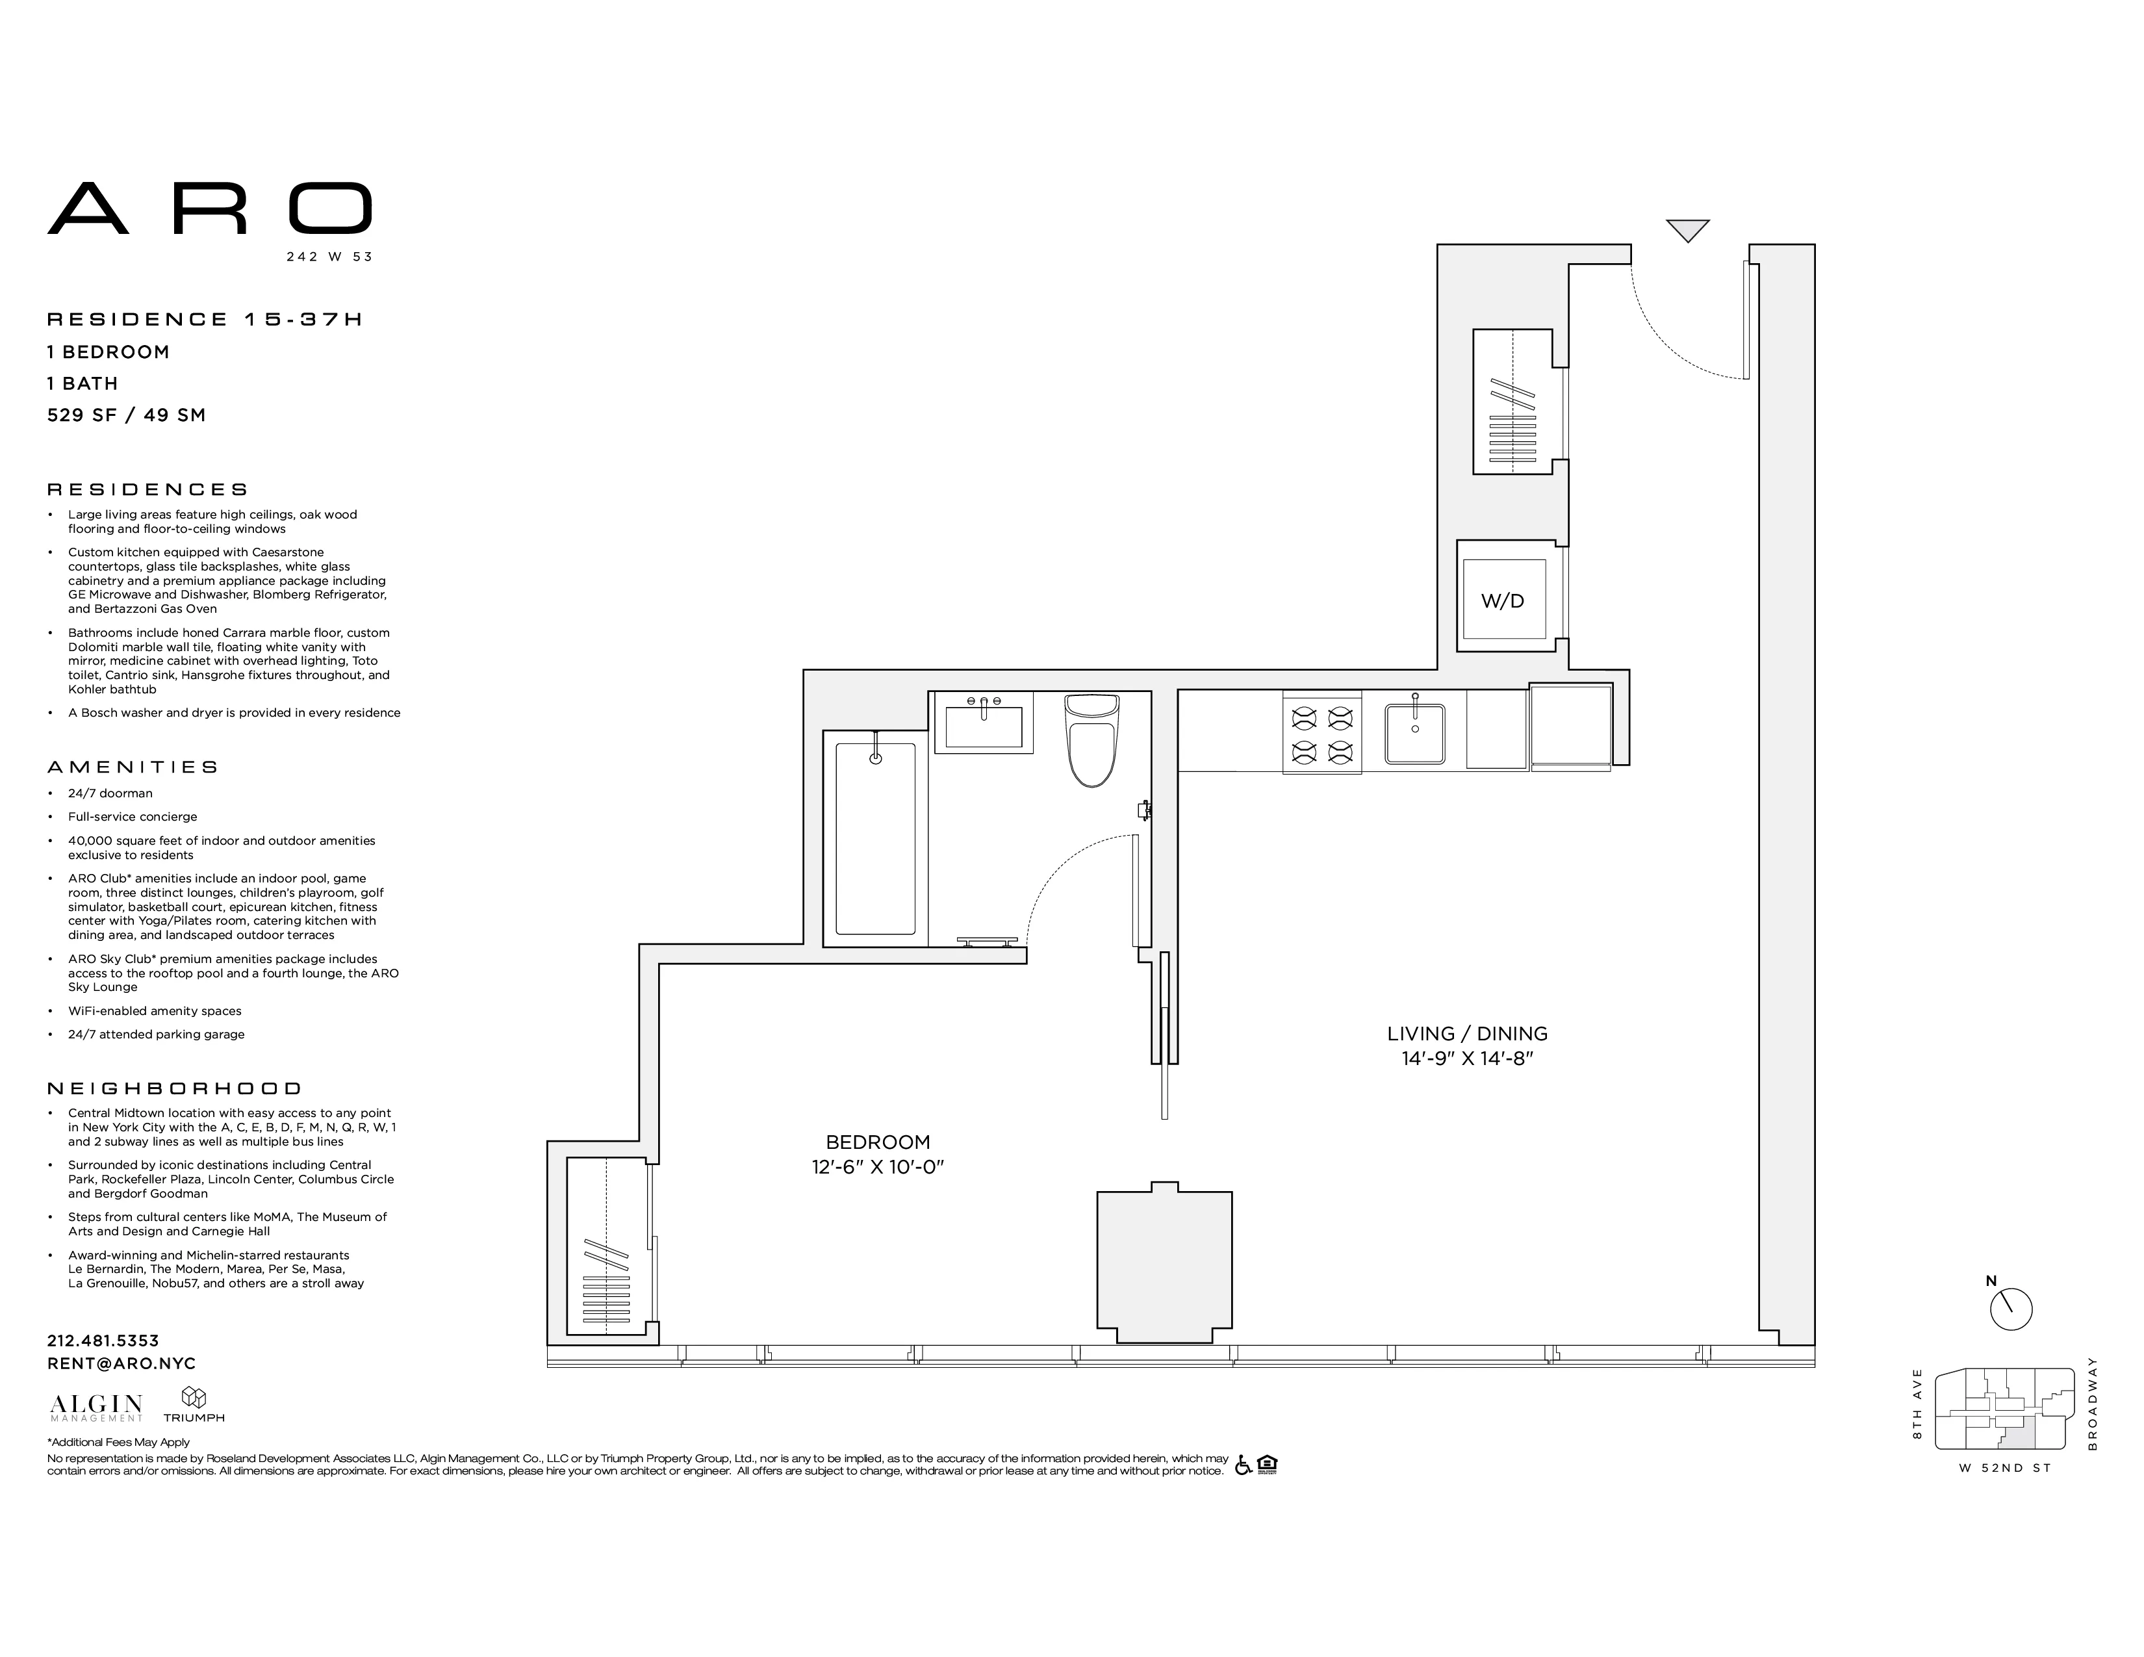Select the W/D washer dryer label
pyautogui.click(x=1502, y=601)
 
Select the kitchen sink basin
pyautogui.click(x=1414, y=733)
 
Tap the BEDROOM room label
pyautogui.click(x=878, y=1142)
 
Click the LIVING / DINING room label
pyautogui.click(x=1466, y=1034)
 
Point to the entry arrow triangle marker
pyautogui.click(x=1687, y=229)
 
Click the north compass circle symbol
pyautogui.click(x=2011, y=1309)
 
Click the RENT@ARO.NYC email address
pyautogui.click(x=121, y=1363)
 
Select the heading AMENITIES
pyautogui.click(x=133, y=767)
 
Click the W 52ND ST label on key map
pyautogui.click(x=2004, y=1469)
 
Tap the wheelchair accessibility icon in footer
pyautogui.click(x=1244, y=1465)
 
